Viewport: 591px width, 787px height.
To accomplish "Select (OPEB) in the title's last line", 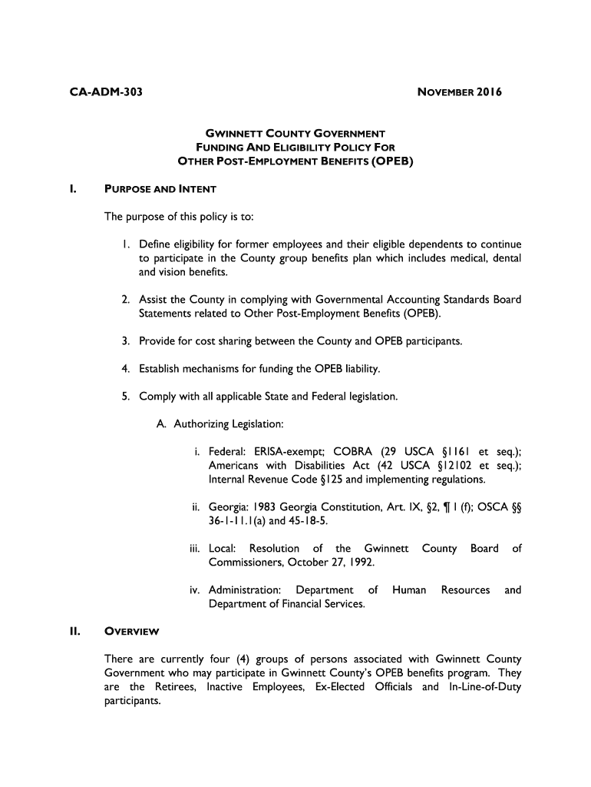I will click(392, 161).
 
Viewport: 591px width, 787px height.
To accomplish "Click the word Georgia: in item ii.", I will click(229, 507).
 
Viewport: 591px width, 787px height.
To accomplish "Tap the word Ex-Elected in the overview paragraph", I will click(340, 687).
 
